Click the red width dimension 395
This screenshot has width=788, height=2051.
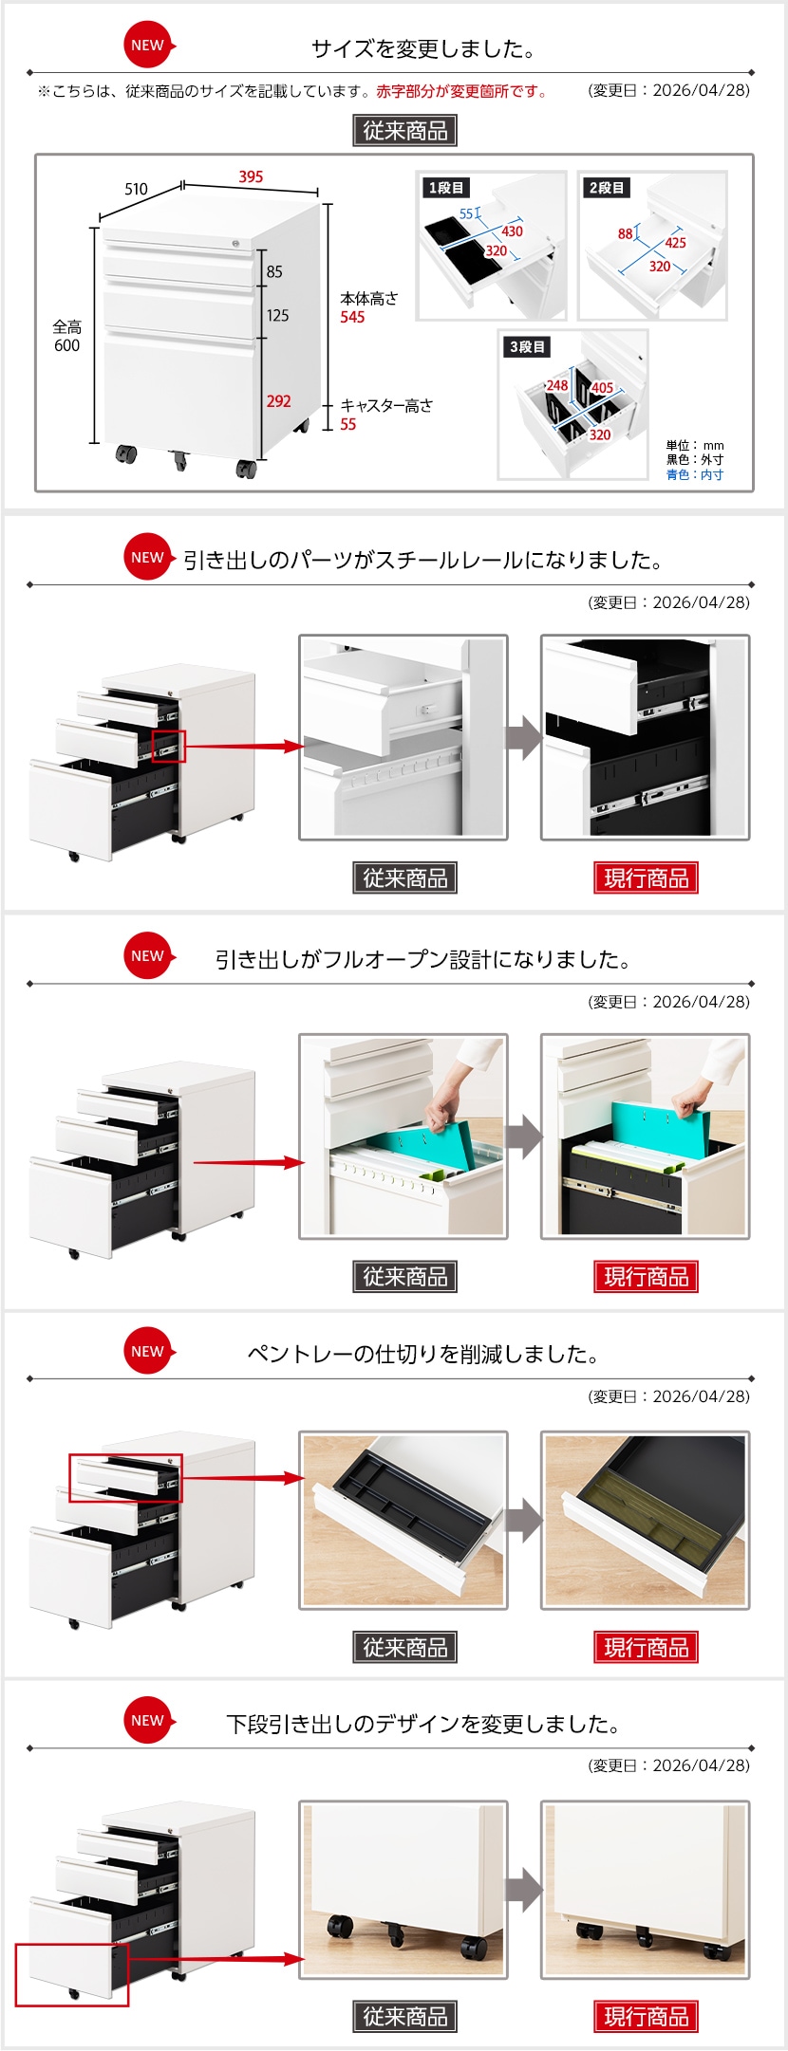tap(251, 176)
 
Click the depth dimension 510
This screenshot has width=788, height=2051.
tap(137, 189)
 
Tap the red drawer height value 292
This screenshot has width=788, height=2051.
tap(279, 401)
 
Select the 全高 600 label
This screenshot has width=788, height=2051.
tap(67, 336)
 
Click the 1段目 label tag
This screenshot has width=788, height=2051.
tap(446, 188)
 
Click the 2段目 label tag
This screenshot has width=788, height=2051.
tap(608, 188)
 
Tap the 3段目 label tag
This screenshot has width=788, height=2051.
tap(528, 347)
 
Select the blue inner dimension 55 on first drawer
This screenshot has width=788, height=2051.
tap(466, 214)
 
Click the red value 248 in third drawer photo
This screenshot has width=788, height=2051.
tap(557, 385)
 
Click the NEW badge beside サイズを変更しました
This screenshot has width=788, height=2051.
tap(149, 45)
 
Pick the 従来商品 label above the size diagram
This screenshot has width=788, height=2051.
tap(405, 131)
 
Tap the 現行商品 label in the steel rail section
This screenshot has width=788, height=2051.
tap(647, 878)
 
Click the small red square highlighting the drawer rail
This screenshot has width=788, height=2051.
tap(168, 746)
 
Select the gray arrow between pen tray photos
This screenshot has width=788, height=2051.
tap(523, 1521)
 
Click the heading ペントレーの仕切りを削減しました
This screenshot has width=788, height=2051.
tap(423, 1354)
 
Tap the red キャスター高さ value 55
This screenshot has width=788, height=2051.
tap(348, 424)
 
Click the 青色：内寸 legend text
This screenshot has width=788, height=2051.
tap(695, 474)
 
